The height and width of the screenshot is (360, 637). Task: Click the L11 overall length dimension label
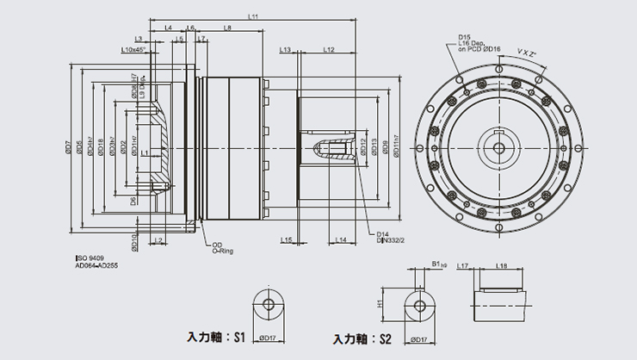tap(252, 16)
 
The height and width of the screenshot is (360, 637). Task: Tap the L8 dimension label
tap(227, 28)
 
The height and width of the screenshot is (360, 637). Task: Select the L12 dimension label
tap(329, 51)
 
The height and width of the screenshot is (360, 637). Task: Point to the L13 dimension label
tap(285, 51)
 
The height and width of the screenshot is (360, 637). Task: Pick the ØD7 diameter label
tap(68, 147)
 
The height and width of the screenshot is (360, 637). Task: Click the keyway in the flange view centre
tap(498, 139)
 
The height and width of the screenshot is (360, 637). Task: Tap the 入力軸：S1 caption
tap(218, 337)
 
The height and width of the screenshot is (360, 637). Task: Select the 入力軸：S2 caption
tap(363, 338)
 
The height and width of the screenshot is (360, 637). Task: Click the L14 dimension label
tap(341, 239)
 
